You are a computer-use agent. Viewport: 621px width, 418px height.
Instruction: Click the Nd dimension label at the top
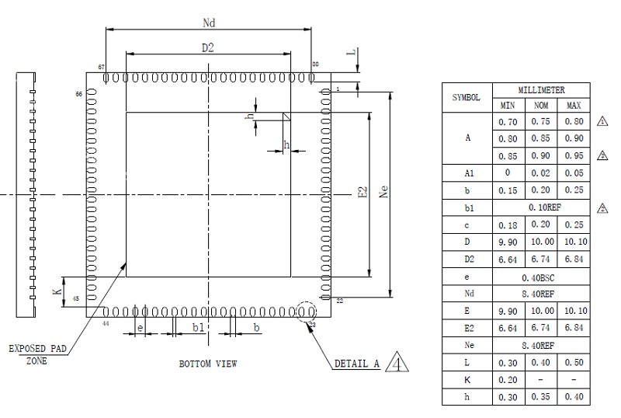[x=208, y=23]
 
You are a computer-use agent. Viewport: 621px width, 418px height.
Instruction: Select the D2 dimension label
[x=207, y=48]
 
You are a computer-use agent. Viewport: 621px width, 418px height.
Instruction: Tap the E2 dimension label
[x=362, y=194]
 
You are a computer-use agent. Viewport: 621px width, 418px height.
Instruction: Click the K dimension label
[x=56, y=291]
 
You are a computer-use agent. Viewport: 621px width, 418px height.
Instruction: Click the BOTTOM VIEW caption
[x=208, y=363]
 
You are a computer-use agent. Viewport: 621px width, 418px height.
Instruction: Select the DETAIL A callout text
[x=356, y=363]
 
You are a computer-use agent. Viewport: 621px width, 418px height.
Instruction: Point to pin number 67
[x=101, y=68]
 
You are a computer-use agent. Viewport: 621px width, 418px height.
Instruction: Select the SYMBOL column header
[x=466, y=98]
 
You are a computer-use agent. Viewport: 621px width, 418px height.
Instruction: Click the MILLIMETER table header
[x=540, y=90]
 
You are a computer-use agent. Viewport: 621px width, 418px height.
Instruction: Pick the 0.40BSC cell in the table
[x=540, y=277]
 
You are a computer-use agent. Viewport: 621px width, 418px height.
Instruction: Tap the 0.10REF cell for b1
[x=540, y=207]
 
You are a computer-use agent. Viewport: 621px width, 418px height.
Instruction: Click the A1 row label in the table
[x=466, y=172]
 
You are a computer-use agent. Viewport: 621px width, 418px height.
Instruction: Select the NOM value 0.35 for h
[x=540, y=396]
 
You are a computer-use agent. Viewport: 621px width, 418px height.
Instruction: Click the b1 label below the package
[x=198, y=329]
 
